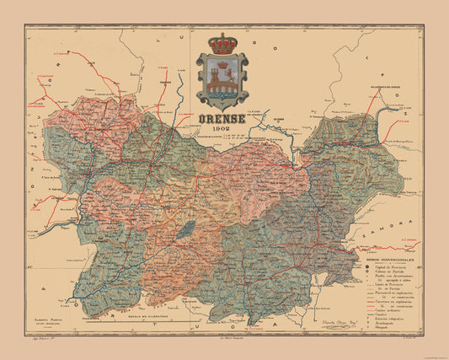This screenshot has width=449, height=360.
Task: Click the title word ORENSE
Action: tap(223, 120)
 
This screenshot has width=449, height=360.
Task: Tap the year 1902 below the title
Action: tap(223, 131)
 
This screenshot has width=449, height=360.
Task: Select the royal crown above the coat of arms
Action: tap(222, 44)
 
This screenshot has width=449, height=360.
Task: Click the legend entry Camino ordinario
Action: tap(388, 310)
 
